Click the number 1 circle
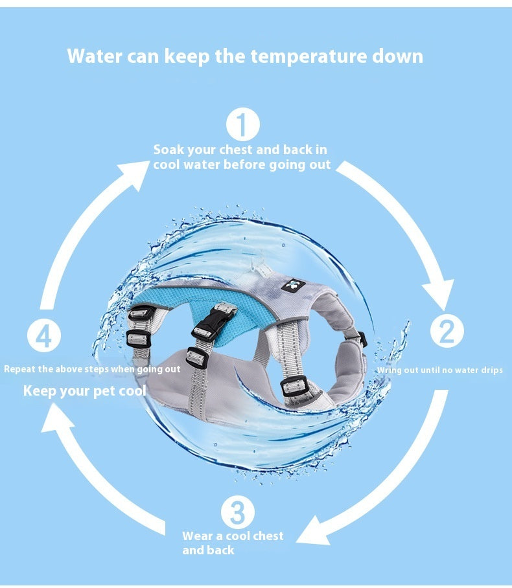[x=243, y=124]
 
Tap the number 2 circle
[x=447, y=331]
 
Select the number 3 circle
[x=238, y=512]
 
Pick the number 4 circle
[x=44, y=335]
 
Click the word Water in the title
[x=95, y=56]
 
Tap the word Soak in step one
[x=169, y=150]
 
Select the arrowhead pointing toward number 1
[x=135, y=174]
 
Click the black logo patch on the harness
[x=292, y=286]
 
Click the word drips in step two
[x=491, y=370]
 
